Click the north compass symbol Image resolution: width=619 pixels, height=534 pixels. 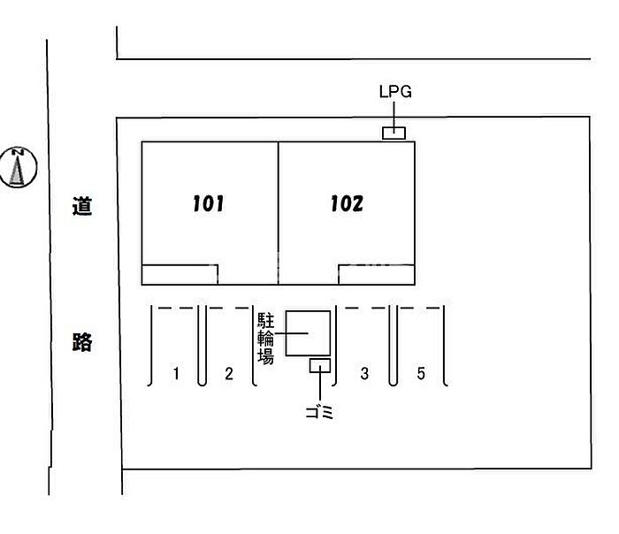click(19, 167)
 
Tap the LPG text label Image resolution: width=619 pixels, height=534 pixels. click(395, 92)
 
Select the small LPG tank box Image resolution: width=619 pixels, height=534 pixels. click(394, 133)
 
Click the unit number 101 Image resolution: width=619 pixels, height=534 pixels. click(208, 203)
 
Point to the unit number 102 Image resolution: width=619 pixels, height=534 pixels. click(347, 203)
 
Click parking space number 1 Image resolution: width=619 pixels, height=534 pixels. click(176, 373)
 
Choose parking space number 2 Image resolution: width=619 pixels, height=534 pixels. click(229, 373)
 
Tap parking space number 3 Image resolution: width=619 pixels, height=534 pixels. click(364, 373)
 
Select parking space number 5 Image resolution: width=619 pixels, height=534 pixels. click(421, 373)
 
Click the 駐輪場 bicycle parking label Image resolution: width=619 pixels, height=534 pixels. click(265, 339)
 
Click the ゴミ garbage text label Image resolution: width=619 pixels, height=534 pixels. click(320, 413)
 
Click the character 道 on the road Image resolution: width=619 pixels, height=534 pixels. click(82, 206)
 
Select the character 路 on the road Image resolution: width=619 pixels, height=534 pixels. click(82, 342)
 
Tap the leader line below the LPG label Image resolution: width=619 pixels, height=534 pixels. click(394, 114)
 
